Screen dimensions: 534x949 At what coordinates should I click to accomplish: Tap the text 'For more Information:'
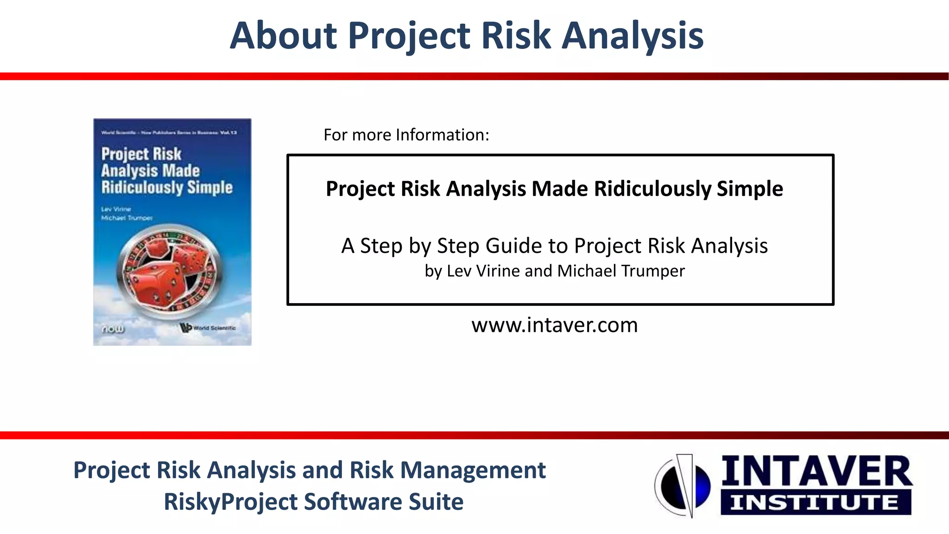(x=406, y=135)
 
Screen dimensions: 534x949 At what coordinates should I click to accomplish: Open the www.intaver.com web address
(x=554, y=325)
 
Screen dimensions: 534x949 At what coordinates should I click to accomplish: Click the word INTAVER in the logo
(x=816, y=471)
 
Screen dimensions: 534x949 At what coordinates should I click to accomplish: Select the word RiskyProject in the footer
(x=230, y=502)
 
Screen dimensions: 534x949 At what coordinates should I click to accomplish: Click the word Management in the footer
(x=473, y=470)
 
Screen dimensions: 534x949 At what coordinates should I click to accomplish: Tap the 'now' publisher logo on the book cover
(x=113, y=329)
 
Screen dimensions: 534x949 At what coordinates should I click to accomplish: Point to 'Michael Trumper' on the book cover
(x=127, y=218)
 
